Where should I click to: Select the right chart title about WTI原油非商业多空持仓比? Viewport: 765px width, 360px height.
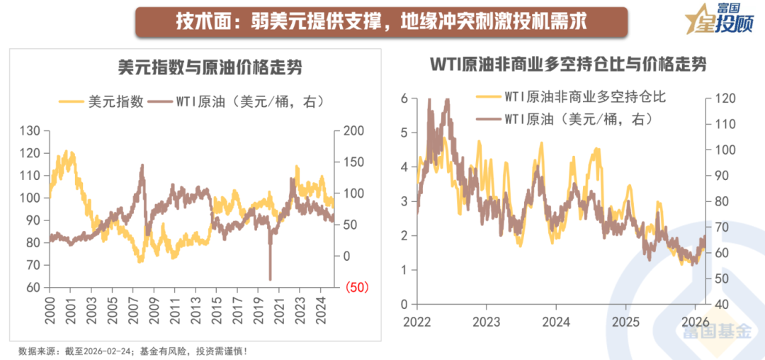(x=569, y=64)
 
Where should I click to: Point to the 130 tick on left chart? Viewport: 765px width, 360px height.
(x=31, y=131)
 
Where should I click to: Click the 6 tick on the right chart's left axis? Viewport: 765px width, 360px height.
(x=404, y=98)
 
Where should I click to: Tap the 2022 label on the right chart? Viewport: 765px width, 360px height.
(x=417, y=321)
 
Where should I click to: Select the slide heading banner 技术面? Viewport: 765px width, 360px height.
(x=382, y=21)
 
